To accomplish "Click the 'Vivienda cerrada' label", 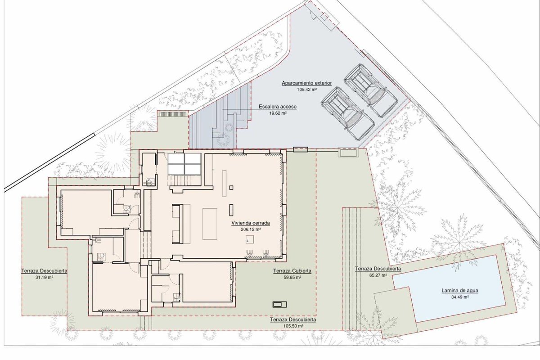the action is click(x=251, y=223).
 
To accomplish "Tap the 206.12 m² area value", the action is click(x=251, y=229).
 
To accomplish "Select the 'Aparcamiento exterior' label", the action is click(x=307, y=83).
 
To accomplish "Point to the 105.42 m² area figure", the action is click(x=307, y=90).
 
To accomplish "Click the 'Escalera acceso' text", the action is click(x=278, y=107).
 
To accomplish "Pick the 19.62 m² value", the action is click(x=278, y=113).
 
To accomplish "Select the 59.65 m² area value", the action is click(x=292, y=277).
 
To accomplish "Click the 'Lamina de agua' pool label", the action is click(x=460, y=291).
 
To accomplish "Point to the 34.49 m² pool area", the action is click(x=460, y=297).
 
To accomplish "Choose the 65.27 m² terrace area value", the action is click(x=378, y=275).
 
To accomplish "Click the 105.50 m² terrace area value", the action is click(x=293, y=326).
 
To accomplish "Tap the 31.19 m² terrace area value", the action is click(x=45, y=277).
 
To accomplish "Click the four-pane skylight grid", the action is click(x=184, y=163).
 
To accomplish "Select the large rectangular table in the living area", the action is click(x=210, y=224).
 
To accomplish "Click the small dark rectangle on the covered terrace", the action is click(x=279, y=305).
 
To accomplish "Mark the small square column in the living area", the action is click(x=231, y=188).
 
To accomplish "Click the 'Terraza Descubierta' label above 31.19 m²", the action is click(x=45, y=271).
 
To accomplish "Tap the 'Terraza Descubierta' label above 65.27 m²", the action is click(x=378, y=269).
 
